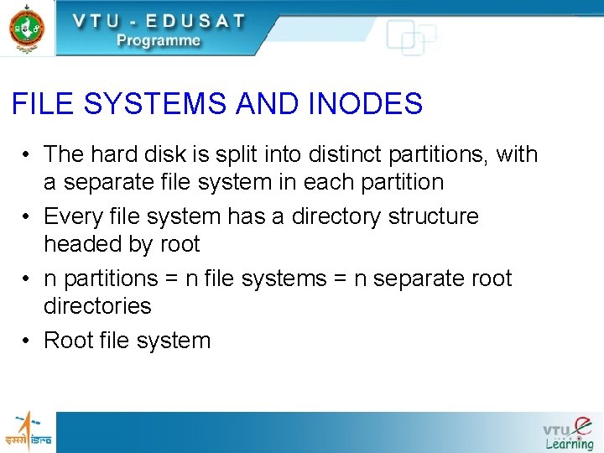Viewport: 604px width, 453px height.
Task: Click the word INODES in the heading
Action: pos(366,104)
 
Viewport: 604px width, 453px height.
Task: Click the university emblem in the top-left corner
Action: pos(27,28)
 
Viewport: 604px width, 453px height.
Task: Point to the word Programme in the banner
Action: pos(159,40)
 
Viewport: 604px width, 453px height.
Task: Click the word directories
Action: pos(97,306)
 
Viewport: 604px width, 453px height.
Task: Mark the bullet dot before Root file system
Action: pos(28,341)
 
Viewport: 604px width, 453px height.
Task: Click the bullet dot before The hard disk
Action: pos(28,155)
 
